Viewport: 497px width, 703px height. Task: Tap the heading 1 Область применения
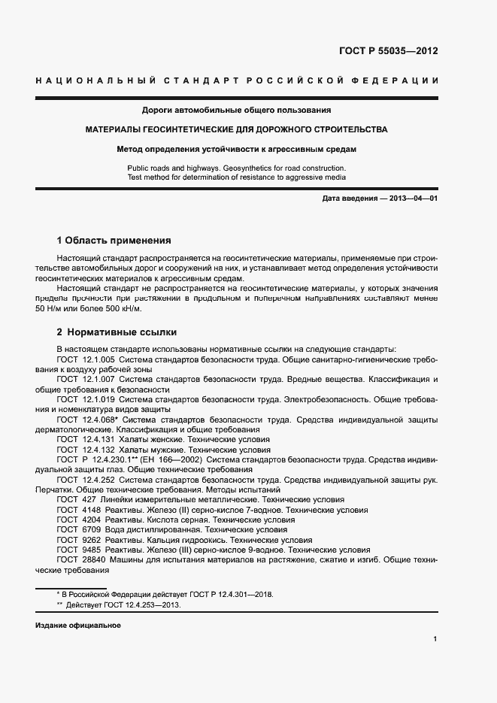click(114, 241)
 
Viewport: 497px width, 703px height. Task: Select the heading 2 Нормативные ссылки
click(117, 332)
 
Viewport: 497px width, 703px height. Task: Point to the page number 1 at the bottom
click(435, 639)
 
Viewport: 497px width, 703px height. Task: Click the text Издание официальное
click(78, 626)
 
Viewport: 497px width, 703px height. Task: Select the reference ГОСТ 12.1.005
click(85, 360)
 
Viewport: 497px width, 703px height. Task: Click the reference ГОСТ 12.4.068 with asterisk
click(86, 420)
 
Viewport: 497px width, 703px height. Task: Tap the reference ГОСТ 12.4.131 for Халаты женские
click(85, 439)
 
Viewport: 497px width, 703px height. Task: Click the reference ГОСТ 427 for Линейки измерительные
click(74, 499)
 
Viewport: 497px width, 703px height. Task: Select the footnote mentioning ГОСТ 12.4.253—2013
click(123, 605)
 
